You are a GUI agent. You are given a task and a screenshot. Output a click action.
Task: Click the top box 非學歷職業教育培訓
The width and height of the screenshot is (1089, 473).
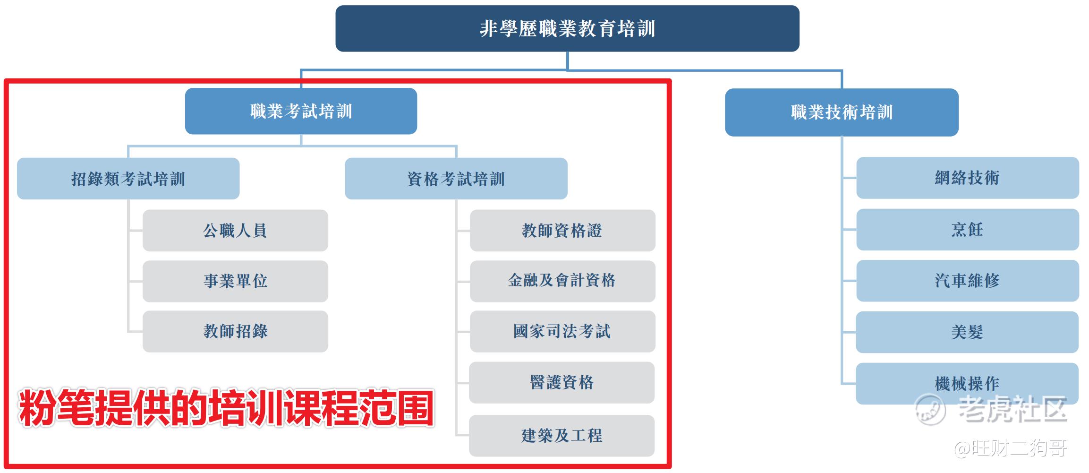[x=567, y=28]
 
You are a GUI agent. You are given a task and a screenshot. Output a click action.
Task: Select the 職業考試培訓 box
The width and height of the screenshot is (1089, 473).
[x=301, y=111]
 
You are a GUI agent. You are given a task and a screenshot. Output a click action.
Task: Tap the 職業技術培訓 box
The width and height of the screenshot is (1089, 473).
[x=842, y=112]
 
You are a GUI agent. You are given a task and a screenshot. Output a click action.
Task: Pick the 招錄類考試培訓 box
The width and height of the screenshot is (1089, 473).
[x=128, y=179]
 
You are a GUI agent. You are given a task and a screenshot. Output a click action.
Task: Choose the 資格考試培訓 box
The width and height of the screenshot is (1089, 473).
[x=456, y=179]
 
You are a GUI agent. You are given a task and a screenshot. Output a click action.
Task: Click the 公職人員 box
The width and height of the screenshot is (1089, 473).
[x=235, y=231]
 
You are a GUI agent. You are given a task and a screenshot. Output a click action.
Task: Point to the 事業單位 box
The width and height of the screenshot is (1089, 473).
[x=235, y=281]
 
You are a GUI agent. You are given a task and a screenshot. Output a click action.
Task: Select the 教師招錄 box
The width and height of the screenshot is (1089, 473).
[x=235, y=331]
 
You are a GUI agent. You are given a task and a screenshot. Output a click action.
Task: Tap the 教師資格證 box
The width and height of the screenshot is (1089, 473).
[x=562, y=231]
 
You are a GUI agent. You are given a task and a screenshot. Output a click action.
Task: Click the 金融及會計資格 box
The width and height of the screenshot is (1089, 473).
[x=562, y=281]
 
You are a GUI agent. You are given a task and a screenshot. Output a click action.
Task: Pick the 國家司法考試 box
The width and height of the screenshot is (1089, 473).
[x=562, y=331]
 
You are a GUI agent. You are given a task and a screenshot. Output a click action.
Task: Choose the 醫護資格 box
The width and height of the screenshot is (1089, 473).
[x=562, y=383]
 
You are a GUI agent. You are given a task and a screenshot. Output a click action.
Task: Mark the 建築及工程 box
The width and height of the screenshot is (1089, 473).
[x=562, y=436]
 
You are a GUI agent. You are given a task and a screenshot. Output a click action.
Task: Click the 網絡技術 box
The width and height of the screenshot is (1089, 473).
[x=968, y=178]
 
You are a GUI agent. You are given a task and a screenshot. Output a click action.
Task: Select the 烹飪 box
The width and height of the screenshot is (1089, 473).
[x=968, y=230]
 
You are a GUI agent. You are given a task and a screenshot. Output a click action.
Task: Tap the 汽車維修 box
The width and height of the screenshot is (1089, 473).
[x=968, y=281]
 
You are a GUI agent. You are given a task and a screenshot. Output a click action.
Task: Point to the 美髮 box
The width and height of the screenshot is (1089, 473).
[x=967, y=332]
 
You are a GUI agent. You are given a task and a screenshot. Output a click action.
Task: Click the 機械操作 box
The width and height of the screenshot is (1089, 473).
[x=967, y=384]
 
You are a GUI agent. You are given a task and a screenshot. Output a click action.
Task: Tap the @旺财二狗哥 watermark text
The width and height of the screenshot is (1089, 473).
[x=1011, y=448]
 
